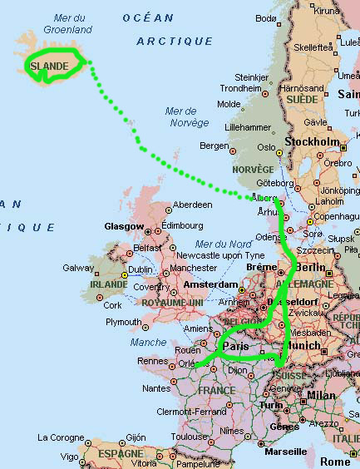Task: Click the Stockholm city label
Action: pyautogui.click(x=313, y=142)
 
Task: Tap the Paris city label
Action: pyautogui.click(x=237, y=346)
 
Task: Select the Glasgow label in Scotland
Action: pyautogui.click(x=123, y=226)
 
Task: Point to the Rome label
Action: pyautogui.click(x=335, y=461)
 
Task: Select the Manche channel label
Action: pyautogui.click(x=149, y=342)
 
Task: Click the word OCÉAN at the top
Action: pyautogui.click(x=148, y=17)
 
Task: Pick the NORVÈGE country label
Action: pyautogui.click(x=252, y=170)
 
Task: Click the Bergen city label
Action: pyautogui.click(x=215, y=146)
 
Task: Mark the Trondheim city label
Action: pyautogui.click(x=240, y=88)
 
